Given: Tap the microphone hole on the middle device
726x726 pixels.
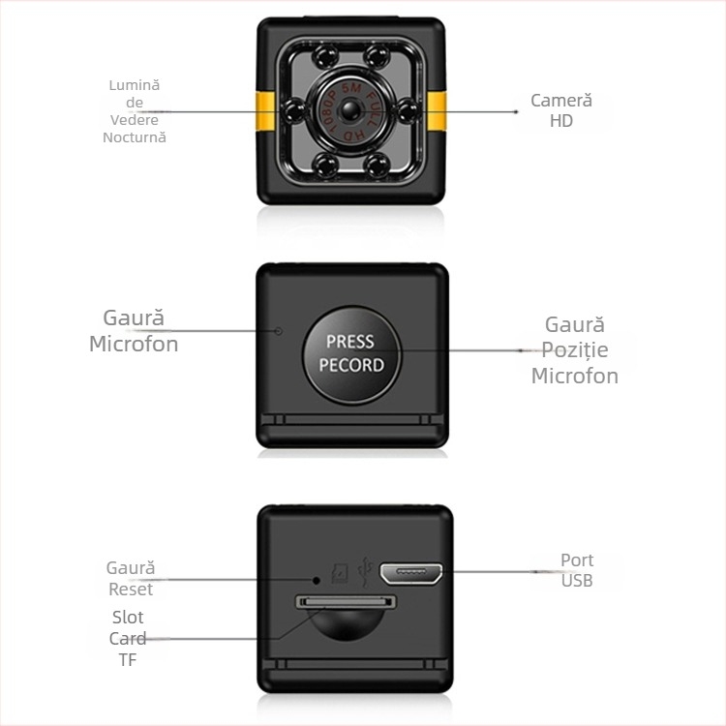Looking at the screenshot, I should [279, 331].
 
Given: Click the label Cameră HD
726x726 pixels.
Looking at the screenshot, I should [561, 110].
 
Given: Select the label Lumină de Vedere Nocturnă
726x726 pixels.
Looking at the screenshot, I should [135, 110].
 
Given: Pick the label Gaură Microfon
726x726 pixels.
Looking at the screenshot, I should [134, 331].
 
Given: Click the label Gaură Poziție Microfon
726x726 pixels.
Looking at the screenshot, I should [575, 350].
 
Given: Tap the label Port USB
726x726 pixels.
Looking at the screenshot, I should [577, 570].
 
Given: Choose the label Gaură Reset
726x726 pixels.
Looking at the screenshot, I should [131, 579].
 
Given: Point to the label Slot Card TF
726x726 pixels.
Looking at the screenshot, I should [128, 638].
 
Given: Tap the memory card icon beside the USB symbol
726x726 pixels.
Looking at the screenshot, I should [340, 575].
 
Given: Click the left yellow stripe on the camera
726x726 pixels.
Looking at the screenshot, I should [267, 111].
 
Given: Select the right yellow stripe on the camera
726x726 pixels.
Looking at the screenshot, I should [438, 111].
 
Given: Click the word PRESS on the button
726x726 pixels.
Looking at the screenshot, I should [350, 342].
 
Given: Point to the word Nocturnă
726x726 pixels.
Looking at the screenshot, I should [135, 137].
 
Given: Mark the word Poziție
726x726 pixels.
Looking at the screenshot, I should [575, 350].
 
